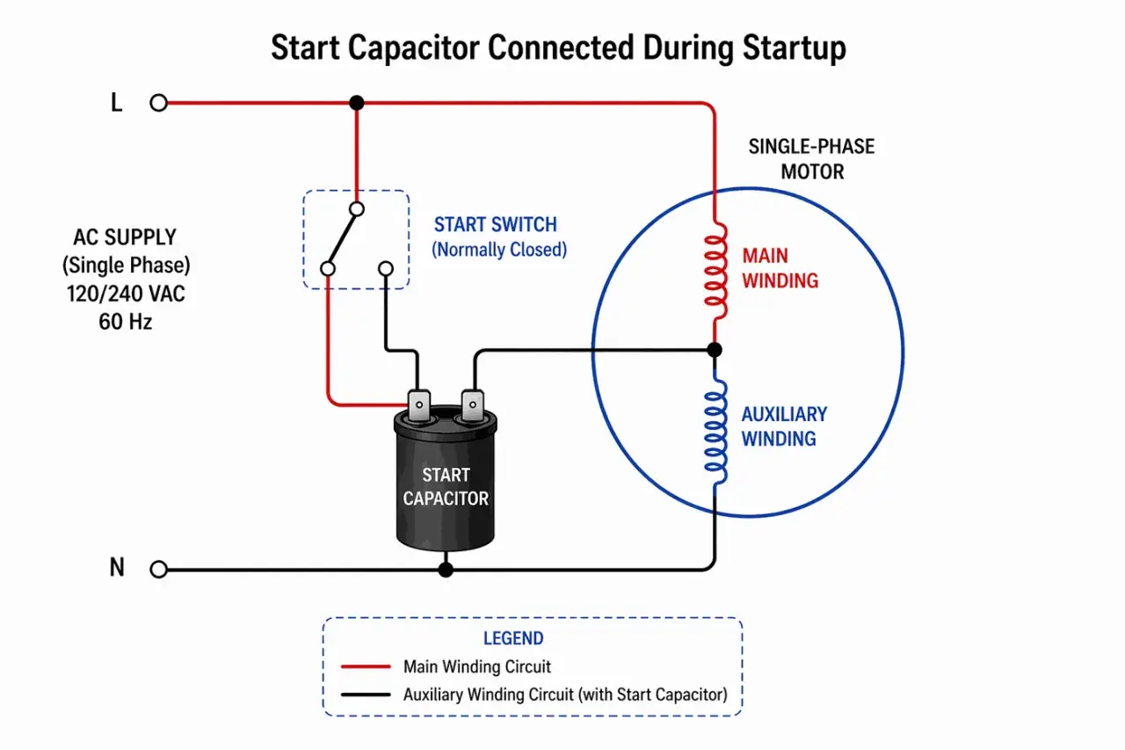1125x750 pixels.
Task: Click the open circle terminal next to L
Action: tap(159, 103)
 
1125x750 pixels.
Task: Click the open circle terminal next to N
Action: tap(159, 569)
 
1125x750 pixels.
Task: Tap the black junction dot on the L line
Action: tap(357, 103)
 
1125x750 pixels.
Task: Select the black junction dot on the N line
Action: tap(446, 570)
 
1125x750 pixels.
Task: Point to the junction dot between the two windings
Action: tap(715, 350)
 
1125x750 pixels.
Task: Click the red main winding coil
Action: tap(715, 270)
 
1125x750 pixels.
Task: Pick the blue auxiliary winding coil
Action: tap(715, 431)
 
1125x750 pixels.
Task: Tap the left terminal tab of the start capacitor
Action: tap(419, 404)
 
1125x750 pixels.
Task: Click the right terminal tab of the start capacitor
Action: tap(472, 404)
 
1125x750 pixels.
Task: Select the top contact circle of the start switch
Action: tap(357, 209)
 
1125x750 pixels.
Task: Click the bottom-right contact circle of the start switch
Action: tap(386, 269)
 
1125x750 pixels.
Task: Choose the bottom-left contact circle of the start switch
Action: tap(328, 269)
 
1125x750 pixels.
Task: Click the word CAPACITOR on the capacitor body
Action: tap(446, 499)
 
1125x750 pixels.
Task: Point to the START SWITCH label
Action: tap(496, 224)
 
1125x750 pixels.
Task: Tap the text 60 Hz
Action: tap(125, 322)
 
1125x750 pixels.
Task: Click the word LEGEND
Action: tap(513, 638)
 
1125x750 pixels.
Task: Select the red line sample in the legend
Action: tap(366, 666)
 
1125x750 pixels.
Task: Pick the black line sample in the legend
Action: tap(366, 695)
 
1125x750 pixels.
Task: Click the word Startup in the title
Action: tap(794, 49)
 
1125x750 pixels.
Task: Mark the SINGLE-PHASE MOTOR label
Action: tap(811, 159)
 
